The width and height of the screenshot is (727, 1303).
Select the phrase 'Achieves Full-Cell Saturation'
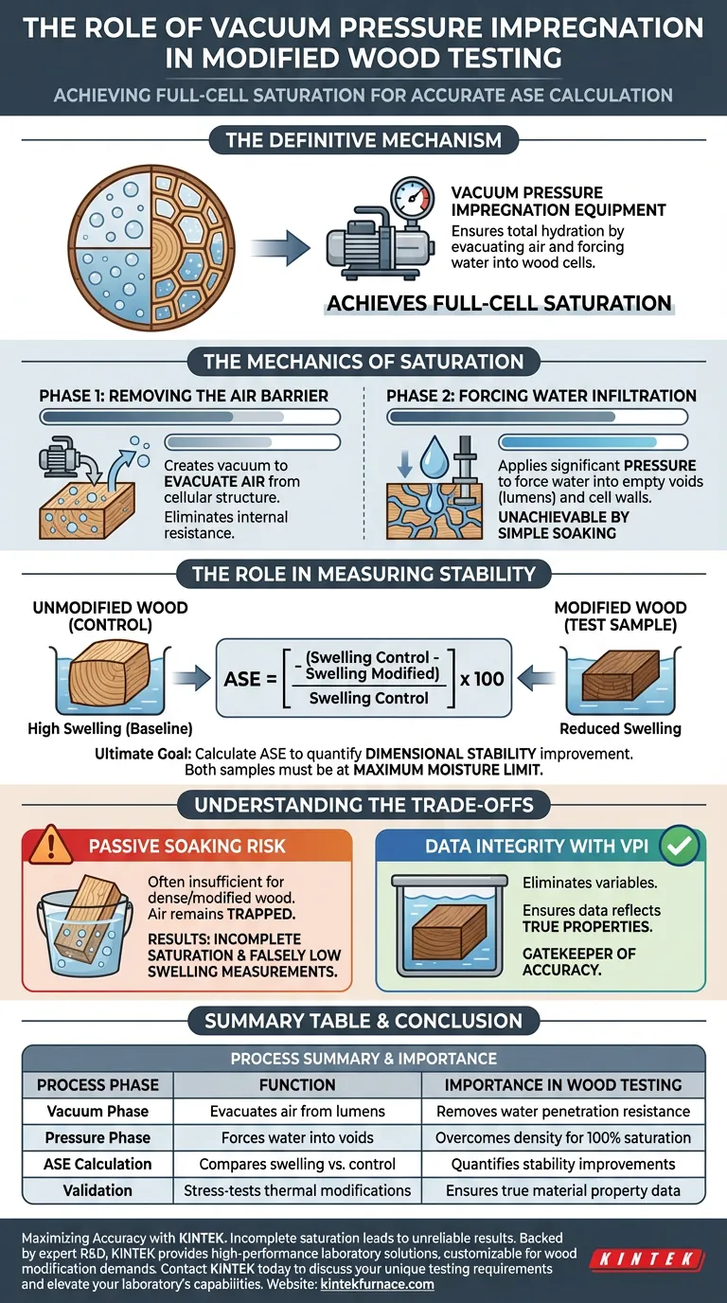(499, 304)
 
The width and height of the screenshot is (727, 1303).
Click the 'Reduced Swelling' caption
(621, 729)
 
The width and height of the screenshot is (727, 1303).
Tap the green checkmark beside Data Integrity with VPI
(678, 846)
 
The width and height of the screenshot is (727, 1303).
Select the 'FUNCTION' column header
(297, 1084)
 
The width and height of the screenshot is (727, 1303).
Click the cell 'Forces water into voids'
(297, 1137)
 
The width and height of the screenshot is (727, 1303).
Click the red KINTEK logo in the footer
(647, 1258)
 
